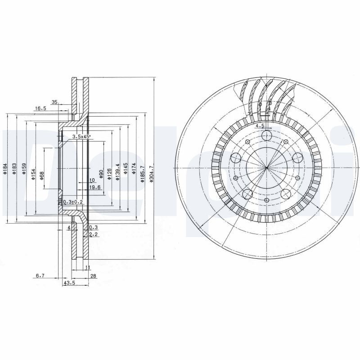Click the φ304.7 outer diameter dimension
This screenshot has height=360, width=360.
click(152, 175)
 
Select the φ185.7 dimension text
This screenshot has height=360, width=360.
click(142, 175)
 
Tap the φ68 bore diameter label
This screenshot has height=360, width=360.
click(41, 175)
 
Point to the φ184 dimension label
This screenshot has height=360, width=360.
click(4, 168)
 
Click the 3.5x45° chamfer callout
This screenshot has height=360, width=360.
click(81, 136)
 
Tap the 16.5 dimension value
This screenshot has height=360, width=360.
click(40, 108)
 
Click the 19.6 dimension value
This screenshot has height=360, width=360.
click(94, 187)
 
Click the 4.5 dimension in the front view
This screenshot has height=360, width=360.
click(260, 126)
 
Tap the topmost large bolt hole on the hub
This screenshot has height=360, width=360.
click(267, 136)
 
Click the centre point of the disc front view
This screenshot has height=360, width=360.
click(267, 168)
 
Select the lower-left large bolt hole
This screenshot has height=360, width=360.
click(247, 194)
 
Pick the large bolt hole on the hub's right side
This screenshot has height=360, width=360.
click(297, 158)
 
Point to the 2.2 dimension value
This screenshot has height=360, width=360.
click(93, 234)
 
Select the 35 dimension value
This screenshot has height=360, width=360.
click(54, 103)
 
